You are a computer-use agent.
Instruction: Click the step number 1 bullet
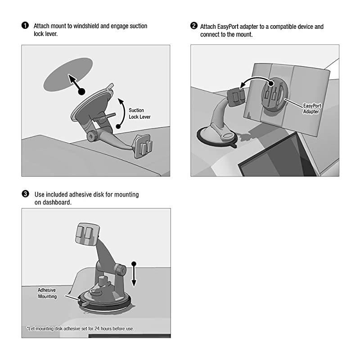pos(25,25)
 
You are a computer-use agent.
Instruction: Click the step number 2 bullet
pos(194,26)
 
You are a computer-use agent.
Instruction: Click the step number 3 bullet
pos(25,194)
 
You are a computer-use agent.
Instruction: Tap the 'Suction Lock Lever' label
pos(139,113)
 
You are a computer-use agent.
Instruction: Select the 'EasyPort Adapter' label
pos(312,108)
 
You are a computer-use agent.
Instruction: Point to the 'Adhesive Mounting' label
pos(47,293)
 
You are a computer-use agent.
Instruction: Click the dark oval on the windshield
pos(68,74)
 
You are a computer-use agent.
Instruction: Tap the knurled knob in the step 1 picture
pos(92,136)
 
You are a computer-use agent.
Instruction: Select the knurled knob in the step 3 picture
pos(121,270)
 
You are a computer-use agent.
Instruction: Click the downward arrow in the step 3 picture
pos(134,274)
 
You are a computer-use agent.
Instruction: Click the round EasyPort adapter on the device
pos(275,95)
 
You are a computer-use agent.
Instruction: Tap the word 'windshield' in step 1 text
pos(86,26)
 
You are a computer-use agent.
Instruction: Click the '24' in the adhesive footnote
pos(97,328)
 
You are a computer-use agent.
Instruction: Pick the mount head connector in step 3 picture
pos(87,234)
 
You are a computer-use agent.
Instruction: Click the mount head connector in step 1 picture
pos(143,146)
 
